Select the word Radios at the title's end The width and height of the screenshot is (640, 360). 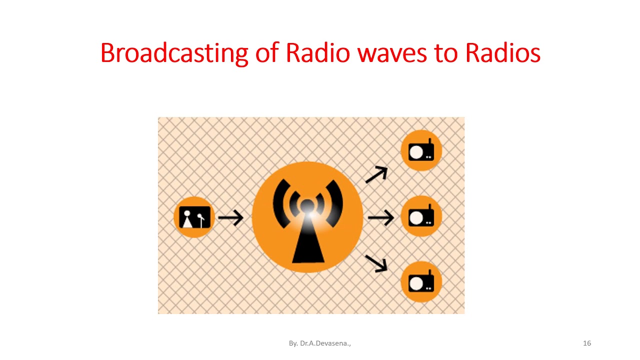pos(502,53)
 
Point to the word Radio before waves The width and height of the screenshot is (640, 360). pos(317,53)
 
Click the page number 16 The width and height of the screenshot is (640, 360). pos(587,343)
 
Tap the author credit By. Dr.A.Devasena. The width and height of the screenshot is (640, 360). pos(319,343)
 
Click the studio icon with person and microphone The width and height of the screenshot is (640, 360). pos(194,217)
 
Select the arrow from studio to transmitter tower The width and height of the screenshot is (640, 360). pos(230,217)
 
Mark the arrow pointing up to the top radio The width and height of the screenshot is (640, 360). pos(376,174)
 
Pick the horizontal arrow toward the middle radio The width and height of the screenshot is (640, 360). pos(380,217)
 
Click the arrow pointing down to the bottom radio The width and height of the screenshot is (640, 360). pos(376,263)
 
